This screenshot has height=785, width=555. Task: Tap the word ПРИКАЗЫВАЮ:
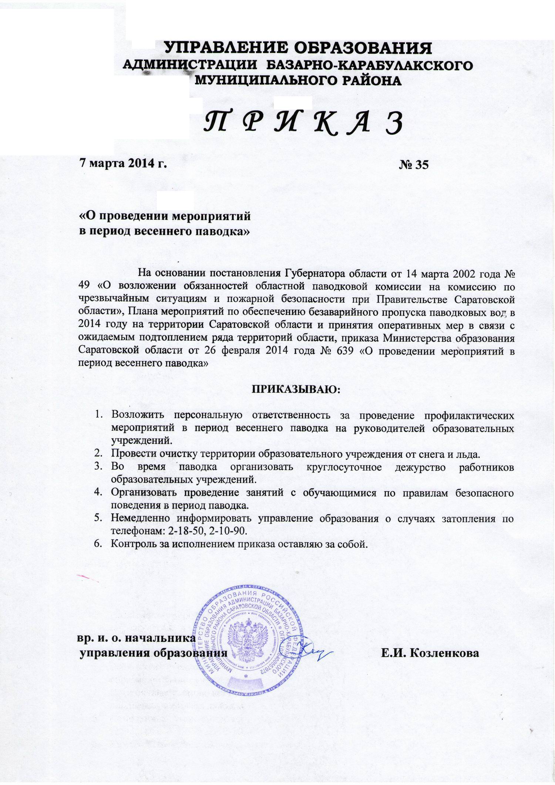point(296,389)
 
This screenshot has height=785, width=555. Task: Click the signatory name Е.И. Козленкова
point(431,653)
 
